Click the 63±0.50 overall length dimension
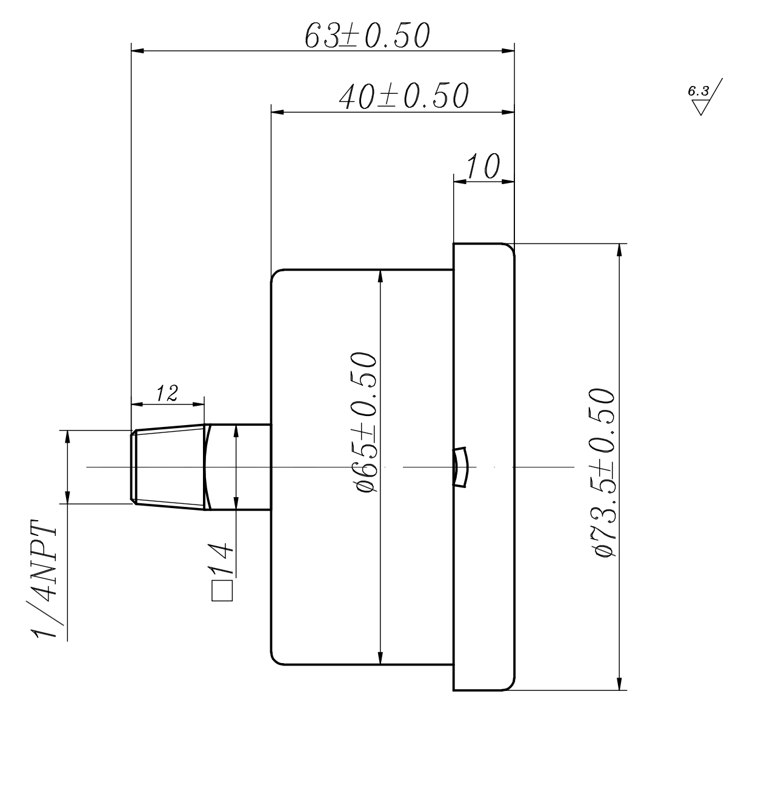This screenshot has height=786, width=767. pyautogui.click(x=367, y=36)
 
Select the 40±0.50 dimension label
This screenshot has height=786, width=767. pyautogui.click(x=403, y=96)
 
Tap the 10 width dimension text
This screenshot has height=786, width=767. pyautogui.click(x=483, y=166)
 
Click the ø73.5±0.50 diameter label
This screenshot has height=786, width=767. pyautogui.click(x=605, y=472)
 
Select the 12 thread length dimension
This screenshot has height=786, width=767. pyautogui.click(x=167, y=394)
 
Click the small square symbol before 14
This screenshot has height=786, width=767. pyautogui.click(x=222, y=591)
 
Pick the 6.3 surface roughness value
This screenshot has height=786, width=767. pyautogui.click(x=698, y=91)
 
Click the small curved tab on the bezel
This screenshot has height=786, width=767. pyautogui.click(x=460, y=467)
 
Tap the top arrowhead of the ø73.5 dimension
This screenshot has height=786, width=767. pyautogui.click(x=619, y=249)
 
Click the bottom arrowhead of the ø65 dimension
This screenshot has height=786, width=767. pyautogui.click(x=380, y=658)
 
